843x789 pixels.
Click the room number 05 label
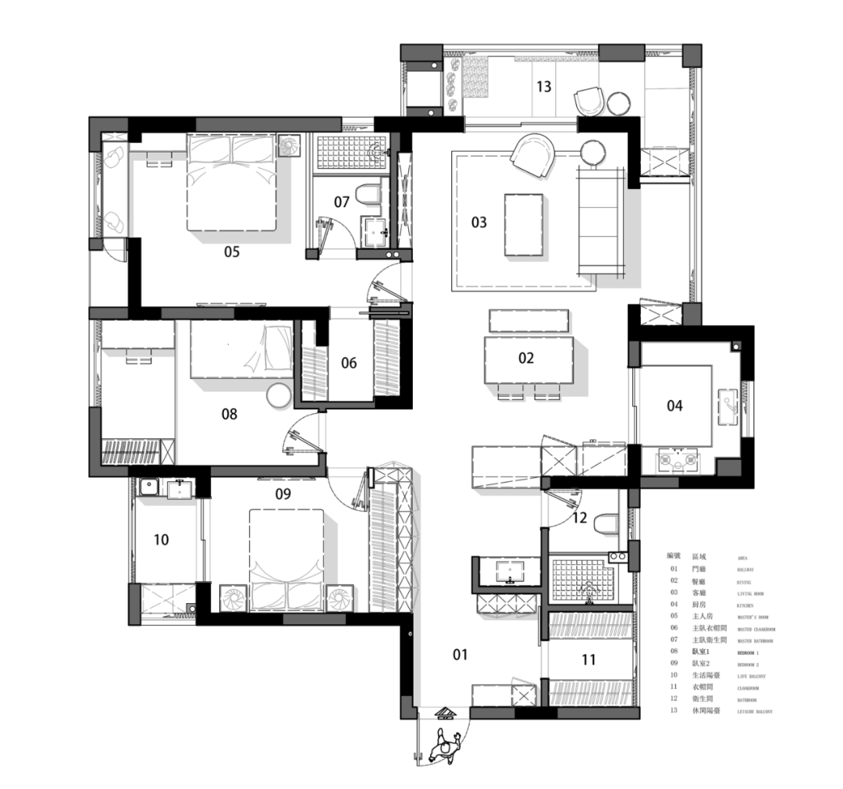[x=232, y=252]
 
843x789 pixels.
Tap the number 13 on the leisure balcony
[x=543, y=86]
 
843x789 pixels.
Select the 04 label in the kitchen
[x=674, y=405]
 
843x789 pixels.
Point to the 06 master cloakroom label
[x=348, y=362]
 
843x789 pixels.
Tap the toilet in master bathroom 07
[x=368, y=194]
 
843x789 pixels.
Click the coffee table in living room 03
[x=524, y=224]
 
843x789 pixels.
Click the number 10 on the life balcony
[x=162, y=540]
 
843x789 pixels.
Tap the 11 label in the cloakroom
[x=589, y=660]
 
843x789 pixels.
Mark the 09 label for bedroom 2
[x=283, y=493]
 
